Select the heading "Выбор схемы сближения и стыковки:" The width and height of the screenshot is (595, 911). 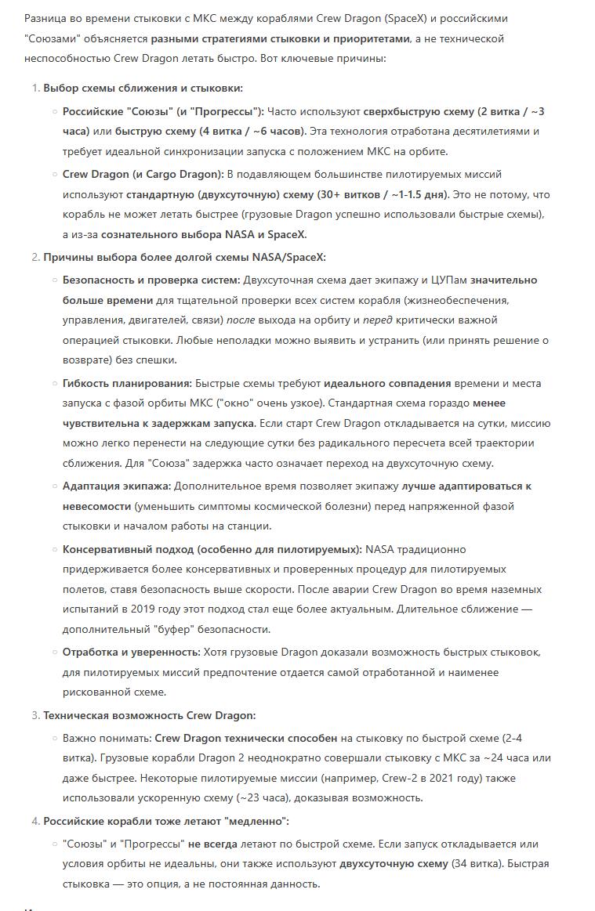143,88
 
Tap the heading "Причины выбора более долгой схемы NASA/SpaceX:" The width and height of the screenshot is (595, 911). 184,257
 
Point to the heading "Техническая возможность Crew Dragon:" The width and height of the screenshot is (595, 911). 149,715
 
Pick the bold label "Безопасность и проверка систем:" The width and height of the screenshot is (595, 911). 151,280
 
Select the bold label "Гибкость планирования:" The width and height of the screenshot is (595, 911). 127,384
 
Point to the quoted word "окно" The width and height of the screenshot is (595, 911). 242,403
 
